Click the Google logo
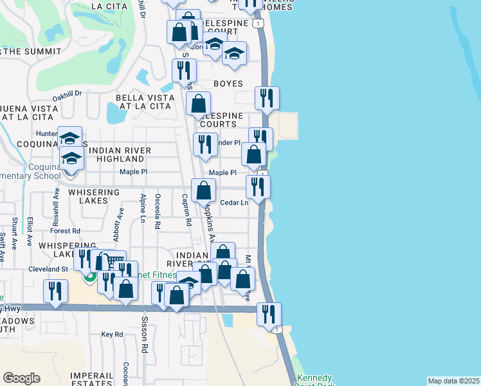(21, 378)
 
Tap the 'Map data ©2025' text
(453, 381)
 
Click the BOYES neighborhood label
(228, 84)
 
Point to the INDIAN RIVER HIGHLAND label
(121, 154)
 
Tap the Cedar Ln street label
(234, 203)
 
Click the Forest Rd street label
(66, 230)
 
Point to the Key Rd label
(112, 335)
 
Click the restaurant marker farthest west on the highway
(55, 291)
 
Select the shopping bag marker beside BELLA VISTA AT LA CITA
(199, 103)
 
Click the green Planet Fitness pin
(90, 277)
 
